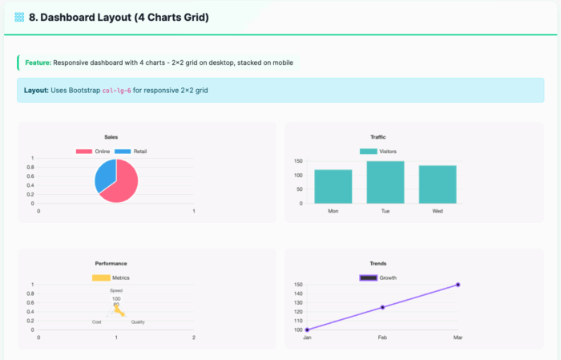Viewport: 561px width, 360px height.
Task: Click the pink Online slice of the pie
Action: [x=124, y=184]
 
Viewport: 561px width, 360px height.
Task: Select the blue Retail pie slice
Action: [x=105, y=175]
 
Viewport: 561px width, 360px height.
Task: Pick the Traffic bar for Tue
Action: [x=385, y=182]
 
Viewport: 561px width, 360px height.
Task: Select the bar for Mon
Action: [x=333, y=186]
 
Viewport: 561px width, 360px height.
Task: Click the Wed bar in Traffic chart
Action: [x=437, y=184]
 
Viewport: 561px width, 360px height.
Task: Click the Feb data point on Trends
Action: [x=382, y=307]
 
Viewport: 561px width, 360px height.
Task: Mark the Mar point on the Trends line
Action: [x=458, y=285]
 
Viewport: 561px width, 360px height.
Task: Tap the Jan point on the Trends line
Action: [x=307, y=330]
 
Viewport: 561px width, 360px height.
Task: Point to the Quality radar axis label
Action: [x=138, y=322]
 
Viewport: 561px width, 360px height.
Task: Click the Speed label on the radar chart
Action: [x=116, y=290]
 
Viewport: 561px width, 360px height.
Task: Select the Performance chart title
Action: [x=111, y=263]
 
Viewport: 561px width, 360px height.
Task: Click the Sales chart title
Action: [x=111, y=137]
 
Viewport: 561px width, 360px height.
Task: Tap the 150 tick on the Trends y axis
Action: [x=297, y=285]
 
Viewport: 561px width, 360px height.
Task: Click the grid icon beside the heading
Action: [x=19, y=16]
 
